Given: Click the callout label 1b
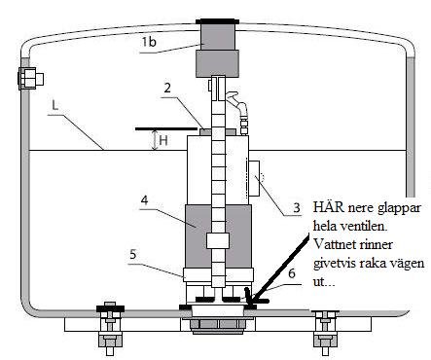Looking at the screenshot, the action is (149, 42).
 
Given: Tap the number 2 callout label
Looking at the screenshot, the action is (167, 88).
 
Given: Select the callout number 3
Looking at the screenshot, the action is (297, 208).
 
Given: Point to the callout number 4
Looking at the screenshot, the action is (144, 200).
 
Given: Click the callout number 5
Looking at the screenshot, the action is (133, 255).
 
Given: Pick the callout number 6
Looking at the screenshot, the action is (292, 273).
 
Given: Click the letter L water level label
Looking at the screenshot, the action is (55, 105).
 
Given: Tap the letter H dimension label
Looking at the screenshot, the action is (163, 140).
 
